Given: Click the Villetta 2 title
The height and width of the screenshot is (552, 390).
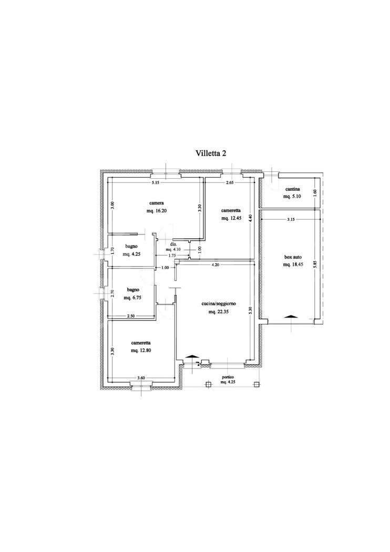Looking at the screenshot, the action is (211, 154).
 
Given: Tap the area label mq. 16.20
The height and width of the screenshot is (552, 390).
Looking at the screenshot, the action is (156, 211).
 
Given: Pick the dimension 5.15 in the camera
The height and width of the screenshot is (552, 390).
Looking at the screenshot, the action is (156, 182).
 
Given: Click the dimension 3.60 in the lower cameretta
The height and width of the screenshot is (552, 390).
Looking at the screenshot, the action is (141, 378).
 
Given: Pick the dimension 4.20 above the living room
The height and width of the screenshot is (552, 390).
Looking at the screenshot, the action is (215, 265).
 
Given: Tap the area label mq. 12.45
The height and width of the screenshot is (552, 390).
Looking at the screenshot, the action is (231, 218).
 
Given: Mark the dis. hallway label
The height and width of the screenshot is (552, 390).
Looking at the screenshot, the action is (173, 244).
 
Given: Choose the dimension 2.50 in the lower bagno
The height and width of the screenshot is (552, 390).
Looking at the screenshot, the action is (130, 316).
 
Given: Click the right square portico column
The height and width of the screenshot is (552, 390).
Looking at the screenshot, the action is (257, 384).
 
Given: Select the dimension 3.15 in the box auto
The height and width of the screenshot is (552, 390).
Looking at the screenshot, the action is (291, 219).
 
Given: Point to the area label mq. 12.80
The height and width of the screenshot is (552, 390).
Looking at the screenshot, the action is (140, 351).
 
